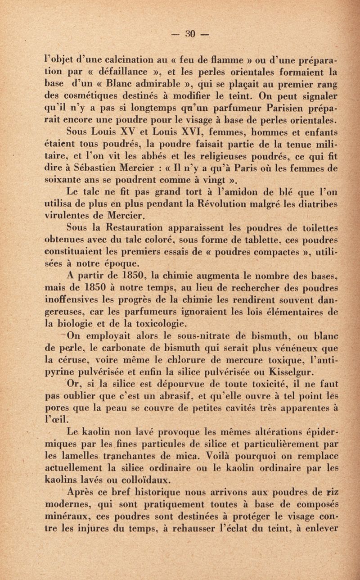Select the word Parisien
tap(251, 107)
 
